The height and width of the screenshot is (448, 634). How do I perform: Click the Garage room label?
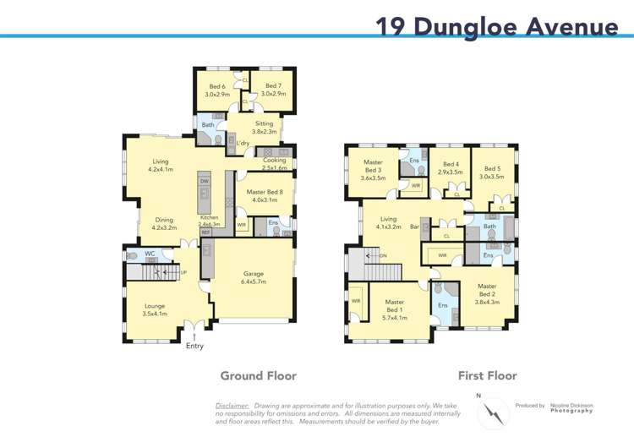[x=254, y=277]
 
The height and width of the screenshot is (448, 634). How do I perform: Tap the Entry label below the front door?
[x=194, y=346]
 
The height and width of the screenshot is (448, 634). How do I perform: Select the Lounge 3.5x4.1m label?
[x=155, y=309]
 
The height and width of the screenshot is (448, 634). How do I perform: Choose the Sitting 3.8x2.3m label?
[x=265, y=128]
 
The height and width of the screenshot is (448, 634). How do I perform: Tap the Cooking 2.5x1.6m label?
[x=275, y=164]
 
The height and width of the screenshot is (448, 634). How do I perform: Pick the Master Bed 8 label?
[x=262, y=196]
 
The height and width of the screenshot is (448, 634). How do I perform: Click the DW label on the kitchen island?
[x=204, y=182]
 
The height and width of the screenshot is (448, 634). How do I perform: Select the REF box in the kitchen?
[x=205, y=232]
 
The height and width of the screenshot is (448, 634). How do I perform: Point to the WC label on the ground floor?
[x=149, y=254]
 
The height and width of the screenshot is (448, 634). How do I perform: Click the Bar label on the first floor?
[x=414, y=227]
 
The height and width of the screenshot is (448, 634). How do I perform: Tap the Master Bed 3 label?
[x=373, y=170]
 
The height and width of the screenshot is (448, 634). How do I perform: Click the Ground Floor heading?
[x=258, y=375]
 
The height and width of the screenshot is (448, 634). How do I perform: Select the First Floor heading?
[x=487, y=375]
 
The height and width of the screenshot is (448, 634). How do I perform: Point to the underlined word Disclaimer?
[x=232, y=406]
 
